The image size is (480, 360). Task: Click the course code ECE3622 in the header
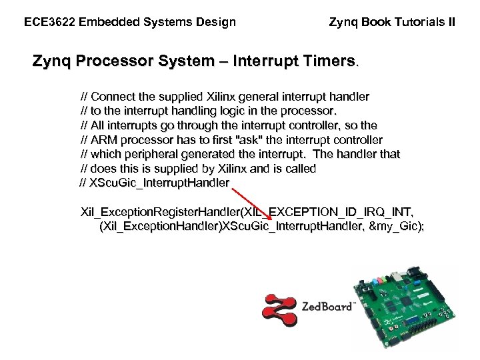pos(49,22)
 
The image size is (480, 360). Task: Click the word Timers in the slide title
pos(327,62)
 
